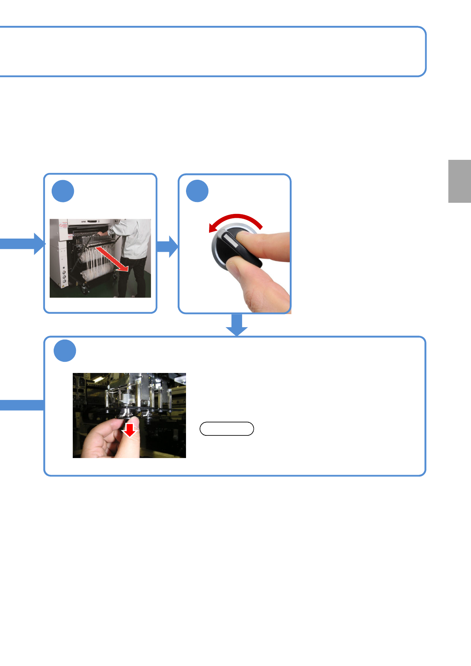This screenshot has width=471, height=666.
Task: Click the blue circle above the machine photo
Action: pyautogui.click(x=63, y=191)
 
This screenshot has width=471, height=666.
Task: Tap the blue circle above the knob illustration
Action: pyautogui.click(x=197, y=191)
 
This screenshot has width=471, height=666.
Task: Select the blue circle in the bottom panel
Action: pyautogui.click(x=65, y=351)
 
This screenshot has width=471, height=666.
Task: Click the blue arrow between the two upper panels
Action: pyautogui.click(x=167, y=247)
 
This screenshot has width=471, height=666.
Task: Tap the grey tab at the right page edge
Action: pyautogui.click(x=459, y=181)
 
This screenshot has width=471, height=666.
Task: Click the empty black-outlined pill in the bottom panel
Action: pyautogui.click(x=227, y=429)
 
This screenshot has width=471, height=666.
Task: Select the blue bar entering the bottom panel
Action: pyautogui.click(x=22, y=405)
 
